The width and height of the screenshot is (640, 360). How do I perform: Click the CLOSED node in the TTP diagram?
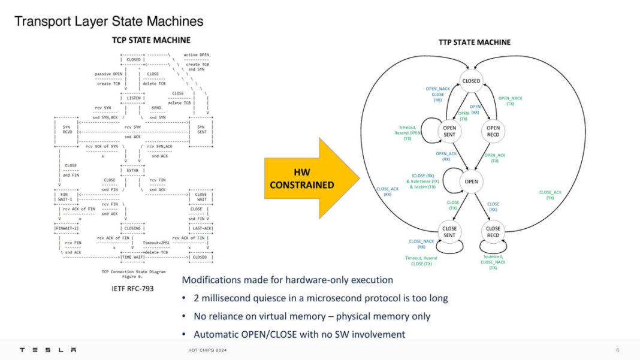click(471, 81)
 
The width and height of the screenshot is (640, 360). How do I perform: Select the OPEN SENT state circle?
click(449, 131)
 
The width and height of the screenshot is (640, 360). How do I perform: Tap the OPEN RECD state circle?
click(493, 131)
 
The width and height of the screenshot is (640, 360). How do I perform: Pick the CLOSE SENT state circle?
click(449, 232)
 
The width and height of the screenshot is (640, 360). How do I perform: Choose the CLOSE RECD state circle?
click(493, 232)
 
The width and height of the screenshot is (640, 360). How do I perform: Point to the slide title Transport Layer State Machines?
click(108, 22)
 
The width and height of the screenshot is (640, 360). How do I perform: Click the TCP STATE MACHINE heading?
click(151, 40)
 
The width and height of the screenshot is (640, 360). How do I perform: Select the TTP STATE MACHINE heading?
click(475, 42)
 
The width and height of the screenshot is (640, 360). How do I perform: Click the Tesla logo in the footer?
click(47, 350)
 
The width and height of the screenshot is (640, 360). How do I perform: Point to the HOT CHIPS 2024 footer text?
click(208, 350)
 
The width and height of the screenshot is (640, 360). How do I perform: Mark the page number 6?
click(618, 350)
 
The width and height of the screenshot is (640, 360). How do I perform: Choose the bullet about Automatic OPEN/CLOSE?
click(299, 334)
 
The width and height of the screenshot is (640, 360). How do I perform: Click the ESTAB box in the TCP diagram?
click(132, 171)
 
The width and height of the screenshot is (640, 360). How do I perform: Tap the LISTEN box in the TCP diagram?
click(132, 98)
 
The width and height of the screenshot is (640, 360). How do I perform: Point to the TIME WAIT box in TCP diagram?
click(132, 257)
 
